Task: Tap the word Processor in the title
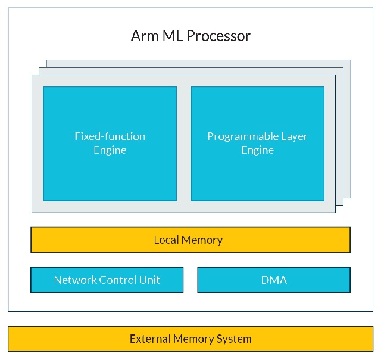218,36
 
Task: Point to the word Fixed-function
110,136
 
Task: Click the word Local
167,240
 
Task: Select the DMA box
274,280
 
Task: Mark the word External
150,339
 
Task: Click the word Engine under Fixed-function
110,150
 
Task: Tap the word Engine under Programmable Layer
257,150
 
